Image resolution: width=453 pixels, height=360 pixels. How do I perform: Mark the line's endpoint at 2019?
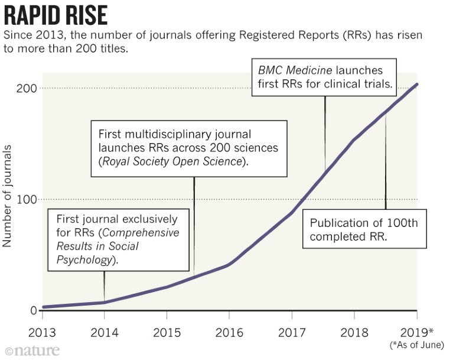tap(417, 84)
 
